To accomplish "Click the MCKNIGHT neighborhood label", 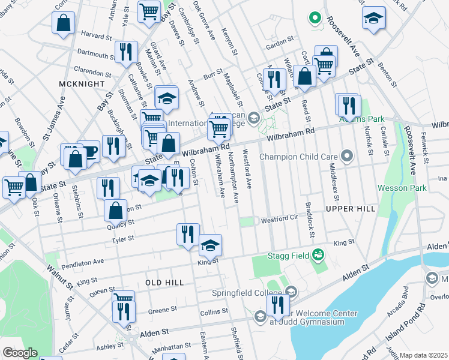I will click(77, 83).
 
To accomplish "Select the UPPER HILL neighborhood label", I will click(351, 208).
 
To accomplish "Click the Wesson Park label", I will click(402, 188).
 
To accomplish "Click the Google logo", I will click(20, 353).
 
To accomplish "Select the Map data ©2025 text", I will click(423, 355).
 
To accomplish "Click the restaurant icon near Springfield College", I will click(277, 304).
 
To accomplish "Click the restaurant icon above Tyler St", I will click(188, 233).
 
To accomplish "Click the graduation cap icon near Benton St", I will click(373, 18).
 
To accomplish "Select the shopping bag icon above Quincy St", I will click(116, 210).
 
